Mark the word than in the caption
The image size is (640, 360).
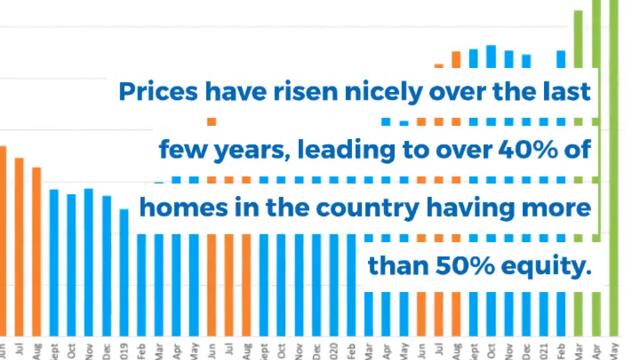[396, 267]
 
